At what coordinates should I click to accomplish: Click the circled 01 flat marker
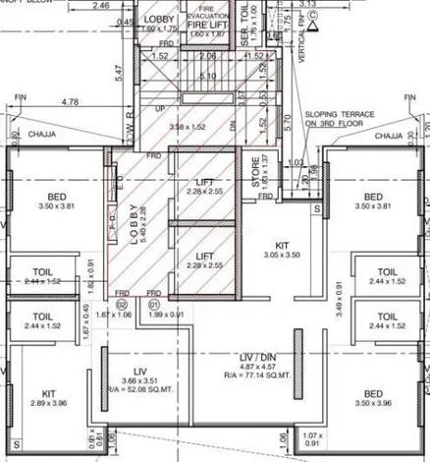[x=152, y=306]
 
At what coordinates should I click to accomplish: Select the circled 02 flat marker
[x=123, y=306]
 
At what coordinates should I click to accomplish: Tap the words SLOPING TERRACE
[x=339, y=114]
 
